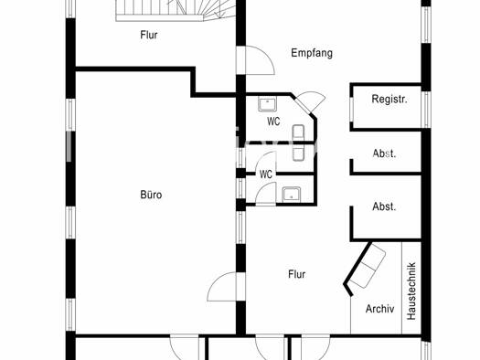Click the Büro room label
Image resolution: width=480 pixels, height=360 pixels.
tap(151, 195)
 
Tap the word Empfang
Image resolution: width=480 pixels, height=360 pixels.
tap(312, 53)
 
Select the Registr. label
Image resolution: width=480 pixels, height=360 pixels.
tap(389, 99)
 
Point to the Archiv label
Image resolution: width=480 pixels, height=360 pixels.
tap(380, 309)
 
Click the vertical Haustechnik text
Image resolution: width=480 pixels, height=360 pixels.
tap(411, 291)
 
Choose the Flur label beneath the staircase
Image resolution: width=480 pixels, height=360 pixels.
tap(149, 35)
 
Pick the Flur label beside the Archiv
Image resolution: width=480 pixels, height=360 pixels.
tap(296, 274)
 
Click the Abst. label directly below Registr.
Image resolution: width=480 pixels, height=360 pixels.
tap(384, 154)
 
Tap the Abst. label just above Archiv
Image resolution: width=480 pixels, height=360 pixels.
tap(384, 206)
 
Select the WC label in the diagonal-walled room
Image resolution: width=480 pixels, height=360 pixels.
tap(273, 122)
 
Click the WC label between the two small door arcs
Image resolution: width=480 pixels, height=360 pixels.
tap(266, 175)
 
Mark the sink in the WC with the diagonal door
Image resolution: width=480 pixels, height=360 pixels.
tap(267, 104)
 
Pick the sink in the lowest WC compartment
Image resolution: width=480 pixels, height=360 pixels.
tap(292, 194)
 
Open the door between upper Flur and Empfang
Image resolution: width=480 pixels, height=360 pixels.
tap(255, 60)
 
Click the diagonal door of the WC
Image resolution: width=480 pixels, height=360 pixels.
tap(310, 102)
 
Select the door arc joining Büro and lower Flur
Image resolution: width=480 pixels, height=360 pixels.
tap(222, 287)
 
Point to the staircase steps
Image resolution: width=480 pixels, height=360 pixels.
tap(176, 11)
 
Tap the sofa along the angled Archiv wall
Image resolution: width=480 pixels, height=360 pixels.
tap(368, 266)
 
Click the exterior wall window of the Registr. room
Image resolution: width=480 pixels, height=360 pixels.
tap(426, 110)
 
